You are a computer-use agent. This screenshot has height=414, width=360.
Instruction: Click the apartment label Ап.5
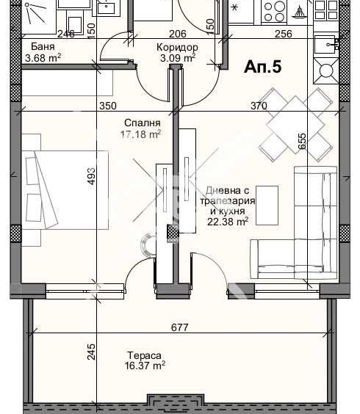[263, 67]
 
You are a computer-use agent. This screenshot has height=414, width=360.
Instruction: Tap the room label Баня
[43, 46]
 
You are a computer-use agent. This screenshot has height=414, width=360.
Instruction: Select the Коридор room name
[177, 47]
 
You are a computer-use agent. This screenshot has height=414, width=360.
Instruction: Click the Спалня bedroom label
[143, 123]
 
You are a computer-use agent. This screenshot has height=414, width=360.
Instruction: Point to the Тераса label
[144, 355]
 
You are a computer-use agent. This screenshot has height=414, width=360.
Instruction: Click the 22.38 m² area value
[228, 222]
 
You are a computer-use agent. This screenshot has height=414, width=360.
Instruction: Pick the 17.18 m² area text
[140, 134]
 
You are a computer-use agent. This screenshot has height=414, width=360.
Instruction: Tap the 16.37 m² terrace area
[145, 366]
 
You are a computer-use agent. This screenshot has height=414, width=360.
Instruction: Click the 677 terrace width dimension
[180, 327]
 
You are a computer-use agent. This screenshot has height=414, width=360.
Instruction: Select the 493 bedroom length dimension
[90, 176]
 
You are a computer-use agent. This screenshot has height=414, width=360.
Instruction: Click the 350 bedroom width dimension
[108, 106]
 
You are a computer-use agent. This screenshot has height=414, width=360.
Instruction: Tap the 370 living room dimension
[259, 106]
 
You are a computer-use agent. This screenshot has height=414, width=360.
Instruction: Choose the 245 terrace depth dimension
[90, 352]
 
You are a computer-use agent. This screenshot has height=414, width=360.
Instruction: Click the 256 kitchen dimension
[284, 34]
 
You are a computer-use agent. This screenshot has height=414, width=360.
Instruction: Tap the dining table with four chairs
[296, 125]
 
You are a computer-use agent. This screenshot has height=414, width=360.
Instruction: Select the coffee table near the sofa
[267, 206]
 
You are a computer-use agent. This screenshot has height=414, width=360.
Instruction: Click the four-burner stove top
[274, 11]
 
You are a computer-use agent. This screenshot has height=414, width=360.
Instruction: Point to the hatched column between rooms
[173, 233]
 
